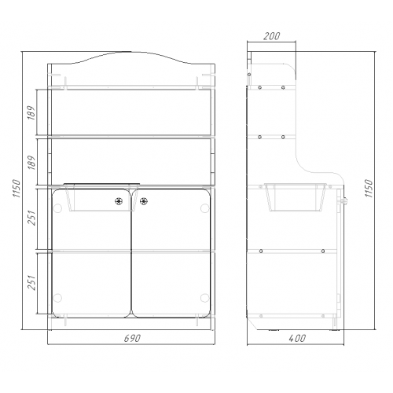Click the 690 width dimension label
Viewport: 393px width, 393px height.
coord(132,338)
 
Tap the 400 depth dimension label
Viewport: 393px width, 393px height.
coord(297,338)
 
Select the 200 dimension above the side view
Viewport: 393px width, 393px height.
coord(272,36)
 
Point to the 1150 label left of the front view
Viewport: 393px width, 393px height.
coord(17,189)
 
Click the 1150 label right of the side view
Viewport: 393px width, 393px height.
coord(369,189)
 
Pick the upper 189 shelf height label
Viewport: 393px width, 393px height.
coord(31,112)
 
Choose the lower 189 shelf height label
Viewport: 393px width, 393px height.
coord(31,163)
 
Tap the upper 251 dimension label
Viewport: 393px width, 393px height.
coord(31,218)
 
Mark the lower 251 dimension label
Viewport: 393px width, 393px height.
coord(31,282)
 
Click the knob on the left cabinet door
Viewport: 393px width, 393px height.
coord(119,201)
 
